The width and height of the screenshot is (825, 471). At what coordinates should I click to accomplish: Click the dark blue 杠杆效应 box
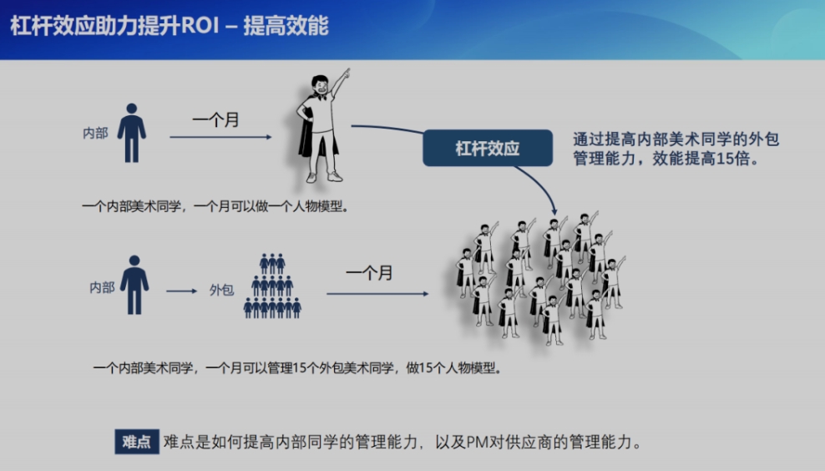pyautogui.click(x=488, y=148)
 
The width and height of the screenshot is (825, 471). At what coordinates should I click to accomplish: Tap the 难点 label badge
pyautogui.click(x=137, y=442)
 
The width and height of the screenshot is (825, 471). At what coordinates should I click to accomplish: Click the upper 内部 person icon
pyautogui.click(x=132, y=133)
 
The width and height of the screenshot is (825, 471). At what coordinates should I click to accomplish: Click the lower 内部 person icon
pyautogui.click(x=134, y=285)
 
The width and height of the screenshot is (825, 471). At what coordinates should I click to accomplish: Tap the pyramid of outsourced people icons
pyautogui.click(x=272, y=286)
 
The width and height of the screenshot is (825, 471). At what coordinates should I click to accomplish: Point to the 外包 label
pyautogui.click(x=221, y=290)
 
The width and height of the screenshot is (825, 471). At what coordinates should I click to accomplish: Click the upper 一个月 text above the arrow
pyautogui.click(x=215, y=120)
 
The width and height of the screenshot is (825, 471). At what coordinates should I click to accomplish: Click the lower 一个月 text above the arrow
pyautogui.click(x=369, y=273)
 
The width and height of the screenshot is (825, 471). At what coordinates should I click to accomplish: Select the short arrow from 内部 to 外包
pyautogui.click(x=181, y=291)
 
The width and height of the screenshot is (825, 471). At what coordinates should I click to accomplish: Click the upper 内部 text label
pyautogui.click(x=95, y=133)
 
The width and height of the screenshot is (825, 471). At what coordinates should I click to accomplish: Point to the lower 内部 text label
pyautogui.click(x=102, y=287)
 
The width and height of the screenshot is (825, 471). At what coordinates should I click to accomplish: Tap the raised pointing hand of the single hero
pyautogui.click(x=345, y=73)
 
